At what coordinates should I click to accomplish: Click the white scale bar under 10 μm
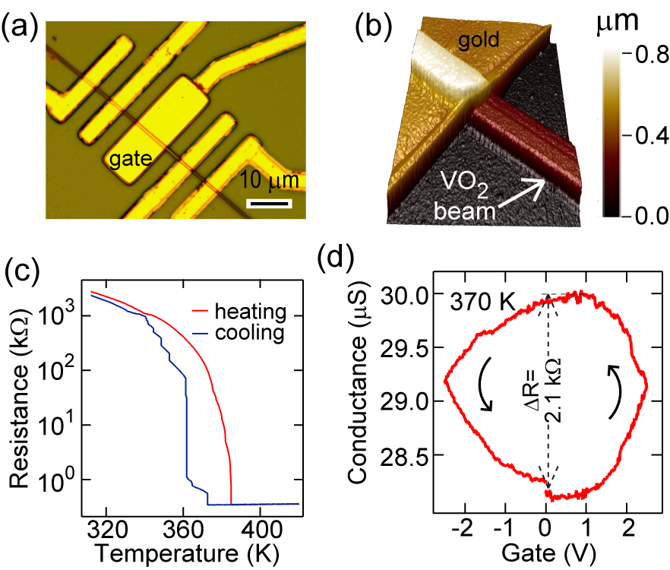(x=270, y=204)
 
